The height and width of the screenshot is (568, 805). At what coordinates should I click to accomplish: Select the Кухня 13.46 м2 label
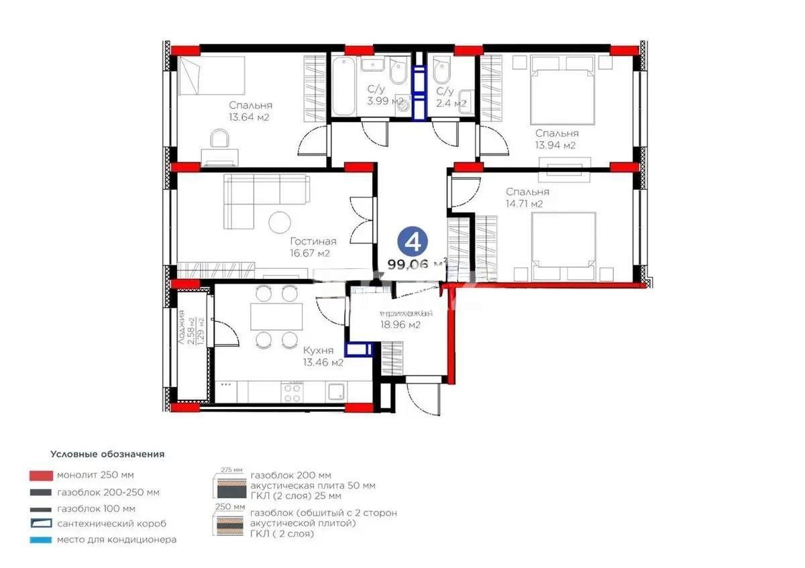(323, 357)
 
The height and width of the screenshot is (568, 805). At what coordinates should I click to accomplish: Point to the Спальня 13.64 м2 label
(250, 111)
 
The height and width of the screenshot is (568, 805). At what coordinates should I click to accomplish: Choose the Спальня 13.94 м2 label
(556, 139)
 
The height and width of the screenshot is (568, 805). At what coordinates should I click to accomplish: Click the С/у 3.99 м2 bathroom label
(384, 96)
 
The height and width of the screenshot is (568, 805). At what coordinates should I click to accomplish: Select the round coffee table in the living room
(280, 222)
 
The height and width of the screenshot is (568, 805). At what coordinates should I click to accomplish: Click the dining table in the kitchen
(276, 316)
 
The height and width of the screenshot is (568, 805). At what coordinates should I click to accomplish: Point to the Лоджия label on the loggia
(182, 327)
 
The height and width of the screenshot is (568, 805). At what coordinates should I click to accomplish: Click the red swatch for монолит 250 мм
(41, 475)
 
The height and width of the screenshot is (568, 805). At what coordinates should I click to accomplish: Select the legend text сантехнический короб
(111, 523)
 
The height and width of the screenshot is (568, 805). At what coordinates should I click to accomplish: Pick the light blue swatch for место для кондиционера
(41, 539)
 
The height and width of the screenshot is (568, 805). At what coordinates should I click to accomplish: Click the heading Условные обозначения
(107, 454)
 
